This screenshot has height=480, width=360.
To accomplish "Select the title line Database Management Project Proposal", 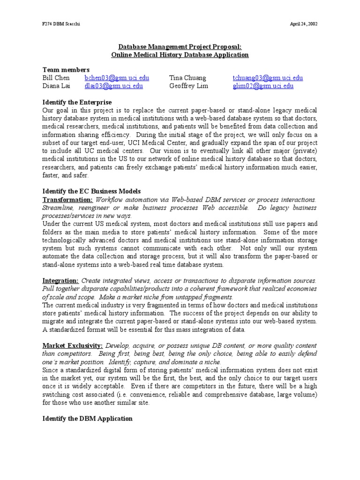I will (x=180, y=47).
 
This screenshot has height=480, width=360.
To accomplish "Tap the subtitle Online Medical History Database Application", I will (x=180, y=55).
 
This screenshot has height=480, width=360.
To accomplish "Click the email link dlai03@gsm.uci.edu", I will (x=114, y=86).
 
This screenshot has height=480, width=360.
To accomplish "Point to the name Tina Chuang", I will (x=187, y=78).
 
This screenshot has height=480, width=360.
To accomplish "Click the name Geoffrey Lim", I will (x=188, y=86).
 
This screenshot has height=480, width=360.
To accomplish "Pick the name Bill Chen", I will (x=56, y=78).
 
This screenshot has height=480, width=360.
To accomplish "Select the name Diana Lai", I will (x=56, y=86).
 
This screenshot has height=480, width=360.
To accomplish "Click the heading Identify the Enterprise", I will (x=77, y=102).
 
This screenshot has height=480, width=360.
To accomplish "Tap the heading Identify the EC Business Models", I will (x=91, y=191).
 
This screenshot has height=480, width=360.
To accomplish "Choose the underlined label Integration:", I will (x=60, y=280).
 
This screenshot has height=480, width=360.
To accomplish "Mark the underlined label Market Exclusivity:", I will (x=72, y=345).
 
